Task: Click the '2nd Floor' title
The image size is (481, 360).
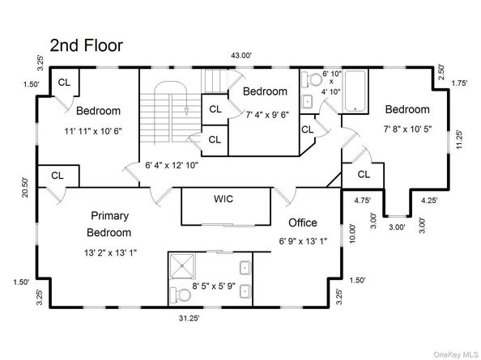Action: point(86,44)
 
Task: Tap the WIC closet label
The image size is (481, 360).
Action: point(223,199)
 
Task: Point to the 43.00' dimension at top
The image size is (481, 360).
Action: point(241,55)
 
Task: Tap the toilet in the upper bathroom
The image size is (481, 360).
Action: point(309,82)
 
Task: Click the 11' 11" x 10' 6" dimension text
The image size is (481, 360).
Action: point(99,131)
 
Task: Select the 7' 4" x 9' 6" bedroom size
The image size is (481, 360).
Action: point(266,114)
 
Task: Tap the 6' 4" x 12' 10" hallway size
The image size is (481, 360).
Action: point(172,165)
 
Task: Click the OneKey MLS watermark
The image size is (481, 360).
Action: point(453,354)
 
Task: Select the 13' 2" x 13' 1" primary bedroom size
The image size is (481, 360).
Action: point(109,252)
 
